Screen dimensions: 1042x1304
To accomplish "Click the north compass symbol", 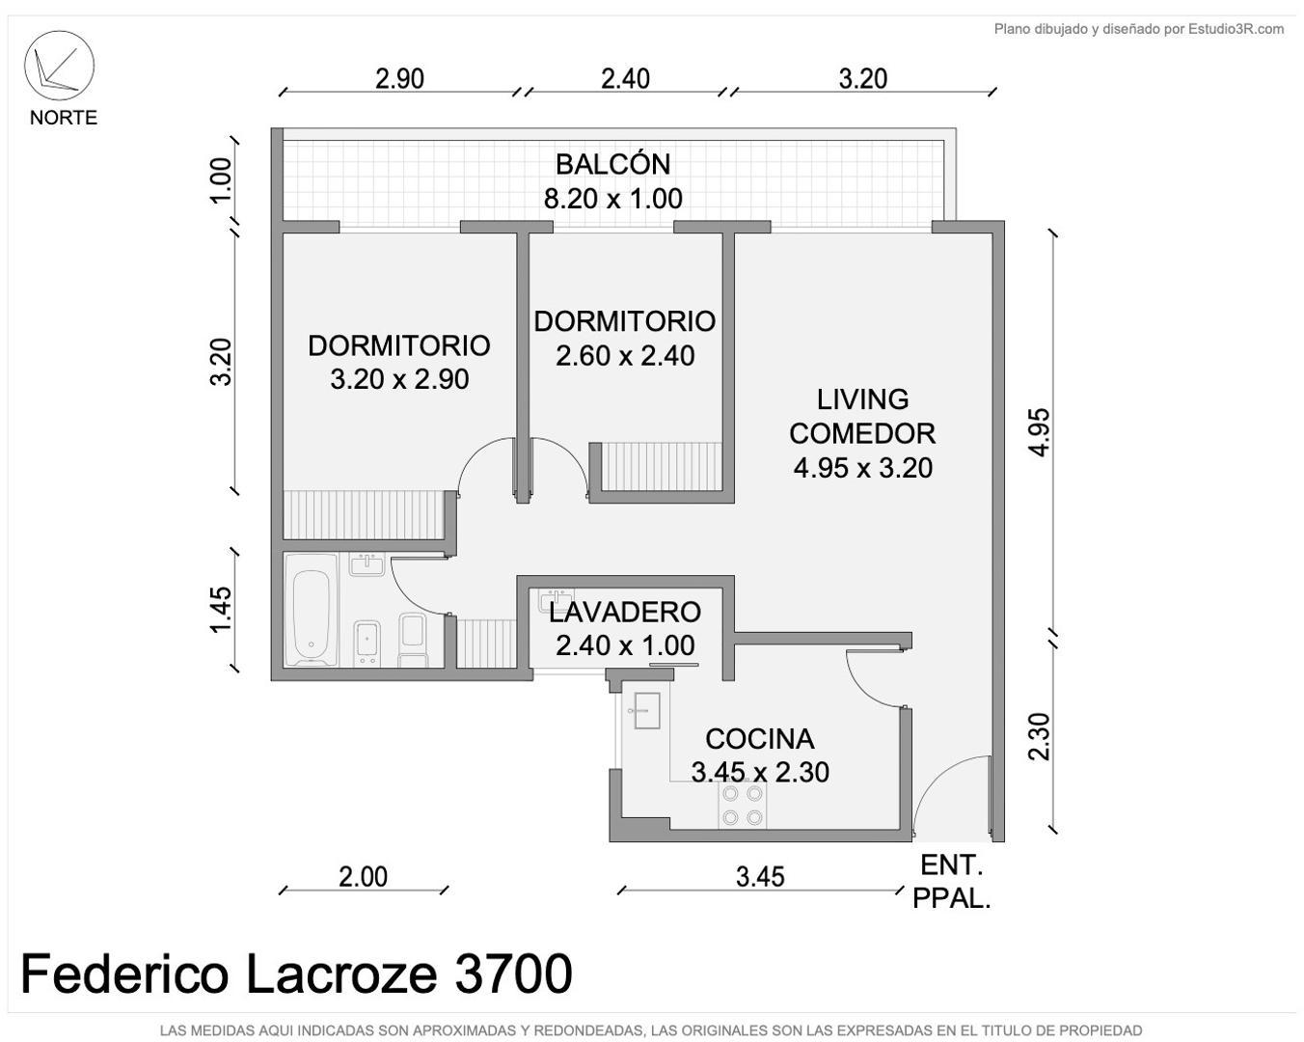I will [59, 66].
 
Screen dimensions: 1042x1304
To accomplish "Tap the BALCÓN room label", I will [612, 164].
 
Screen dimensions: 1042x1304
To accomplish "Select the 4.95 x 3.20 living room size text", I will [862, 468].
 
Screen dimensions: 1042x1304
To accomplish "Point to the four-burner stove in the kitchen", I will [742, 806].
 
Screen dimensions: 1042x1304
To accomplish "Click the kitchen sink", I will [645, 710].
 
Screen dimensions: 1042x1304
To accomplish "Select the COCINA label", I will [759, 739].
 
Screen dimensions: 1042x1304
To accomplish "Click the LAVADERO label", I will [624, 612].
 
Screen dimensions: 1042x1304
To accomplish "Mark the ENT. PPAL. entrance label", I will [951, 881].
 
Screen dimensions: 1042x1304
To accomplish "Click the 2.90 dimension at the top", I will [399, 78].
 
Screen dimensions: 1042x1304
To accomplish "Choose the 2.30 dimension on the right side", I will [1039, 736].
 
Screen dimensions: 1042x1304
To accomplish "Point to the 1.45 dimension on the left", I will [221, 610].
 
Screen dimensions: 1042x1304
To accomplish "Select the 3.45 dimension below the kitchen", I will [760, 876].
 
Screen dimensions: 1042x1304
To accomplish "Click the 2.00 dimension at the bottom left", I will [363, 876].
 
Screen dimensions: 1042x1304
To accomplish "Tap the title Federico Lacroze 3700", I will [296, 973].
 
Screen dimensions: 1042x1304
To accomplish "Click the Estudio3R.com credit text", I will [1138, 29].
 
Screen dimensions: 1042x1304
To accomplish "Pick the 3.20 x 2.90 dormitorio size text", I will [399, 379].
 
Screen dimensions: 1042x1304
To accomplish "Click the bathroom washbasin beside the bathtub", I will [367, 564].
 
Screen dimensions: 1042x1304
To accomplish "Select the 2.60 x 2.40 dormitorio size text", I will [625, 356].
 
